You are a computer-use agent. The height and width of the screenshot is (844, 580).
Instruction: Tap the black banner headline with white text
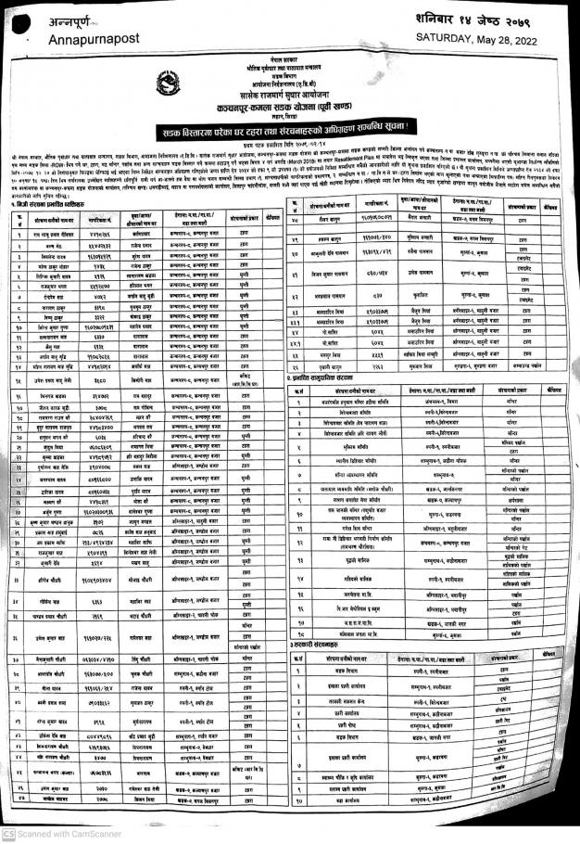[x=289, y=123]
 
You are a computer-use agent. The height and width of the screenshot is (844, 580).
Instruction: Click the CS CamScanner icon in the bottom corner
[x=7, y=835]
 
